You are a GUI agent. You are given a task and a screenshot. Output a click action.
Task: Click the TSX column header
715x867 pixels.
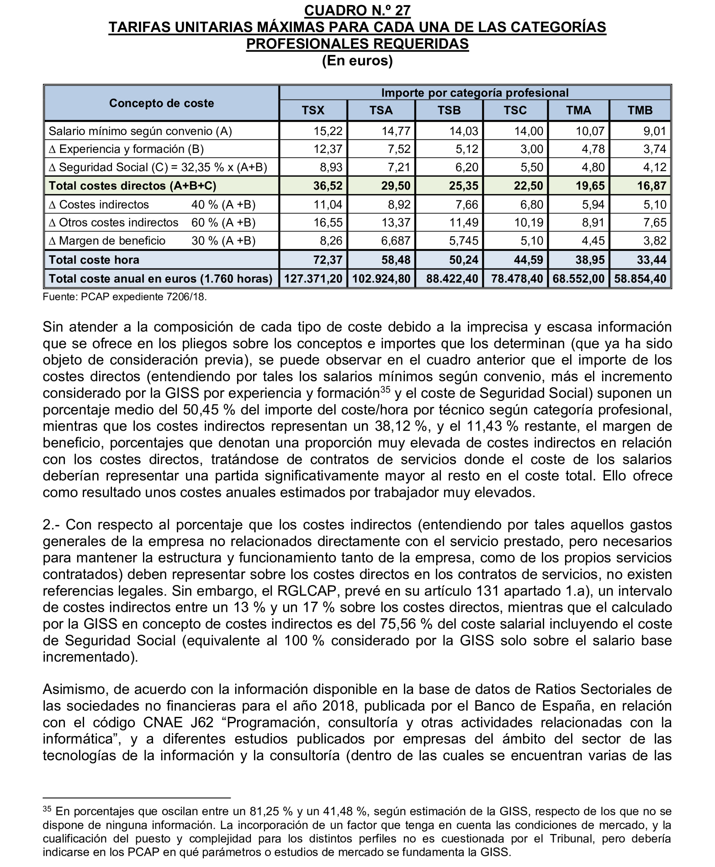click(313, 110)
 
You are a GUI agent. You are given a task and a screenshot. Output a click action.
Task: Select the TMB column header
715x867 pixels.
click(640, 110)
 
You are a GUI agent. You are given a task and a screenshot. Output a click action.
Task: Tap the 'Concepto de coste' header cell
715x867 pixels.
click(161, 103)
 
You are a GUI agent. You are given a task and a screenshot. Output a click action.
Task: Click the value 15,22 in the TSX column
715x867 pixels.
click(328, 131)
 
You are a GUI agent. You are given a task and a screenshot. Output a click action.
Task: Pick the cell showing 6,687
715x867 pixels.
click(396, 241)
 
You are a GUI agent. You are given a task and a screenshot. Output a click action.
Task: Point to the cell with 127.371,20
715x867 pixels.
click(313, 279)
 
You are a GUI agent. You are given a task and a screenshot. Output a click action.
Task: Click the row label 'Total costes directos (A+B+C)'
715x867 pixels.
click(132, 186)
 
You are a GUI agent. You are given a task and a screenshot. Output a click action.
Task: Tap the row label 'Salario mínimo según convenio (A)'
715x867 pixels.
click(140, 131)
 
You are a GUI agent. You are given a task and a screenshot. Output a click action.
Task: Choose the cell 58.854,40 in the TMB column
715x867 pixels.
click(640, 279)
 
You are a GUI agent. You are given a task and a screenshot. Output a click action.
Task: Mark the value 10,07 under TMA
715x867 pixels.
click(590, 131)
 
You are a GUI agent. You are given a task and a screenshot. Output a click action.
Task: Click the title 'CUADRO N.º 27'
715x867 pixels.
click(357, 11)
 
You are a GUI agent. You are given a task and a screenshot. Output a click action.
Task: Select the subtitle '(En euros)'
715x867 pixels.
click(357, 61)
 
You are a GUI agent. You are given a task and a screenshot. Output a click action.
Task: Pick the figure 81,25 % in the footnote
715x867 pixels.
click(271, 811)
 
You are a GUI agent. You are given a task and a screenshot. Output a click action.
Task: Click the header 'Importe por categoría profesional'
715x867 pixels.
click(475, 93)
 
